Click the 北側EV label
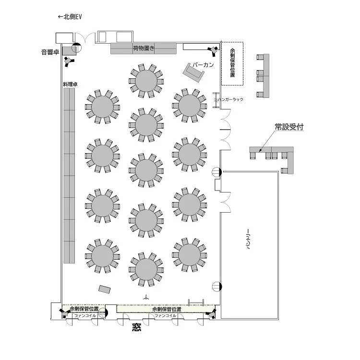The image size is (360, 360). pos(72,17)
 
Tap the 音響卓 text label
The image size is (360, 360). pos(50,52)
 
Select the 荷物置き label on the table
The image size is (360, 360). pos(144,48)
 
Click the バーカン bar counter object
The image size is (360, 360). pos(193,72)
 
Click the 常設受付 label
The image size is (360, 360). pos(289,127)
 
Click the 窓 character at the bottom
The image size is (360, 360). pos(136,327)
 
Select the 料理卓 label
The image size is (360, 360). pos(70,84)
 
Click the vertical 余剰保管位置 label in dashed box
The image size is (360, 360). pos(232,63)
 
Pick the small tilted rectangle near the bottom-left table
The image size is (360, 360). pos(105,289)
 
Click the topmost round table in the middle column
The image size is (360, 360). pos(146,81)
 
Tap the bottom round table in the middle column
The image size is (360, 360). pos(146,269)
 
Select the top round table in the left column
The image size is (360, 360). pos(102,107)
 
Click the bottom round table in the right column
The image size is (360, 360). pos(190,254)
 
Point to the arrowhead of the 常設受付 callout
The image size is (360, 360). pos(259,152)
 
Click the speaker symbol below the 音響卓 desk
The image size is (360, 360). pos(69,61)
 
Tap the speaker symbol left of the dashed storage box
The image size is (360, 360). pos(213,51)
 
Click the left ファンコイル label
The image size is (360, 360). pos(85,316)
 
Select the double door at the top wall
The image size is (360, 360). pos(85,38)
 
